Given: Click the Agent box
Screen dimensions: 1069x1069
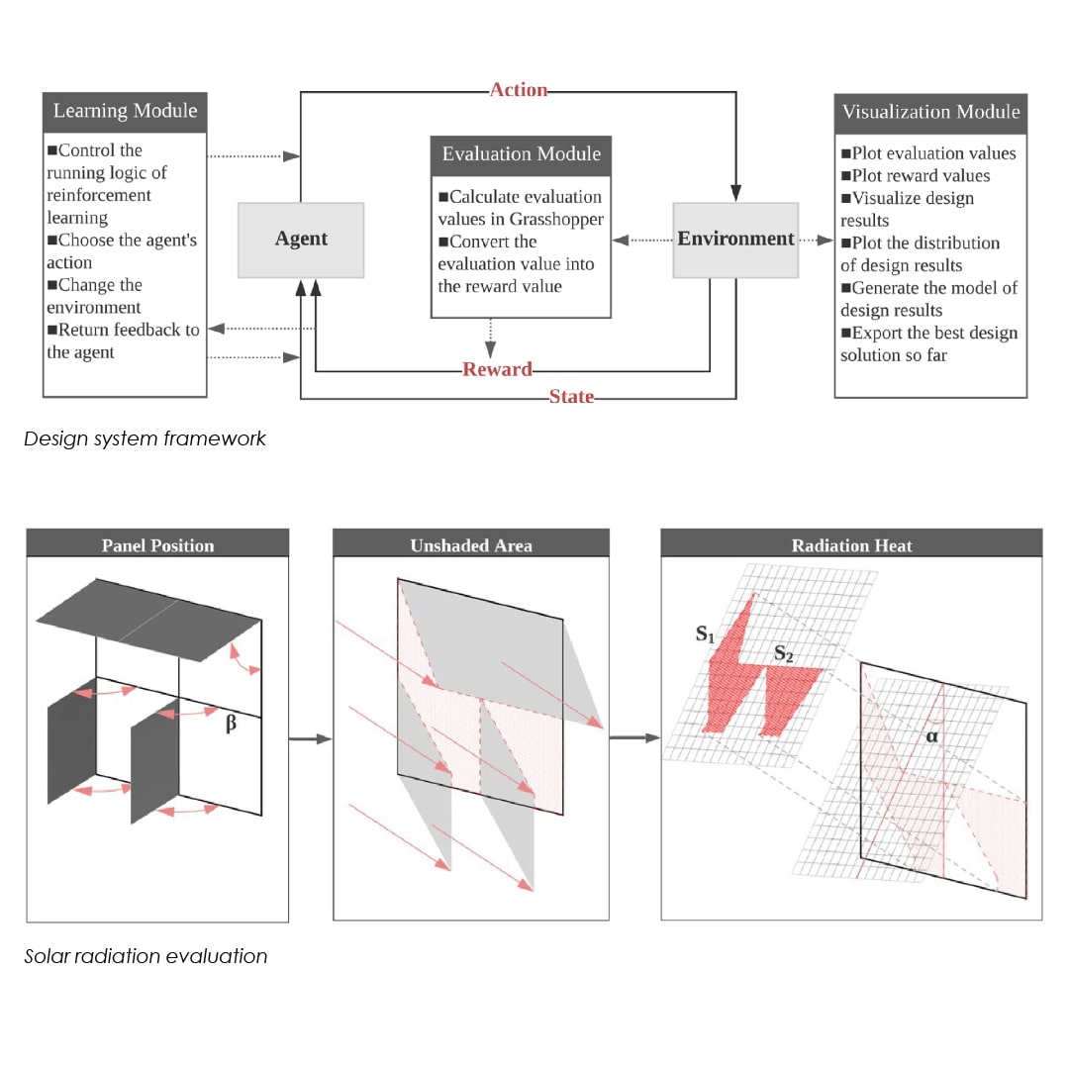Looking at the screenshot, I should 301,240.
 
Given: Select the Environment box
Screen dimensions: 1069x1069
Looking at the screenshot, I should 735,239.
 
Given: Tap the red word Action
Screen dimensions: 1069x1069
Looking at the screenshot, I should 519,90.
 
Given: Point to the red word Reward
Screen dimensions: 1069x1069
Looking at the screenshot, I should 497,369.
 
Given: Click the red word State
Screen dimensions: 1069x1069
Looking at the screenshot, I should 571,397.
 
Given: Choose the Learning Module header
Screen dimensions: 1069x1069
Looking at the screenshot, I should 125,111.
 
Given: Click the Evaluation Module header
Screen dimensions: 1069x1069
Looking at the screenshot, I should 521,154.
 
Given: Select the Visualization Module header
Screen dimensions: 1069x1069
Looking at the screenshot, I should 930,112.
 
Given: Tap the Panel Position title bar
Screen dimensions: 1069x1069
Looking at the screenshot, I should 157,544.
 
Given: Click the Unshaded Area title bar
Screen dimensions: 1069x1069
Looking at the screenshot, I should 471,544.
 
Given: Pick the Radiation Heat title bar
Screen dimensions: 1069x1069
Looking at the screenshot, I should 851,544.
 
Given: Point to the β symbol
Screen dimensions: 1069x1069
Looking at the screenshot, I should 231,724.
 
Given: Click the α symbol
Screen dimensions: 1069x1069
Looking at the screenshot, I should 929,736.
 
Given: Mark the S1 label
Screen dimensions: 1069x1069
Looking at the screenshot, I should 705,634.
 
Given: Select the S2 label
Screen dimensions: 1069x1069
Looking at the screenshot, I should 783,653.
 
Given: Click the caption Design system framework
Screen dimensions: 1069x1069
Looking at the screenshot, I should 145,438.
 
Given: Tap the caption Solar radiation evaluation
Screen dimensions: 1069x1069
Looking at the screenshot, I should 146,956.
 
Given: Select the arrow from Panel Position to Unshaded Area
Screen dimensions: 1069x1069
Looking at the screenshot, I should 311,738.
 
